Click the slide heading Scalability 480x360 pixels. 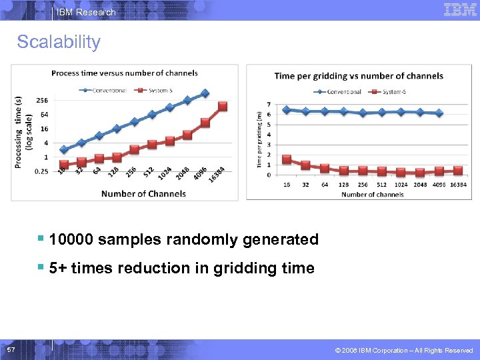59,42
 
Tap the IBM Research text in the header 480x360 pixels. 86,12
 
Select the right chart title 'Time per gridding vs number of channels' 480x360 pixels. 359,76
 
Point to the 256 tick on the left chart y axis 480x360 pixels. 41,100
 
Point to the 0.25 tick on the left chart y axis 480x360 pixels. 41,171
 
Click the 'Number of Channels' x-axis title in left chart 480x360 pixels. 143,194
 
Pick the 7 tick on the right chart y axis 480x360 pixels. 268,105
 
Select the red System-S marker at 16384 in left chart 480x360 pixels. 223,106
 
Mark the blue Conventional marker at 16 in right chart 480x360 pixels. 287,109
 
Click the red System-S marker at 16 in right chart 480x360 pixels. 287,159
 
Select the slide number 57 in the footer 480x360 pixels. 11,350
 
